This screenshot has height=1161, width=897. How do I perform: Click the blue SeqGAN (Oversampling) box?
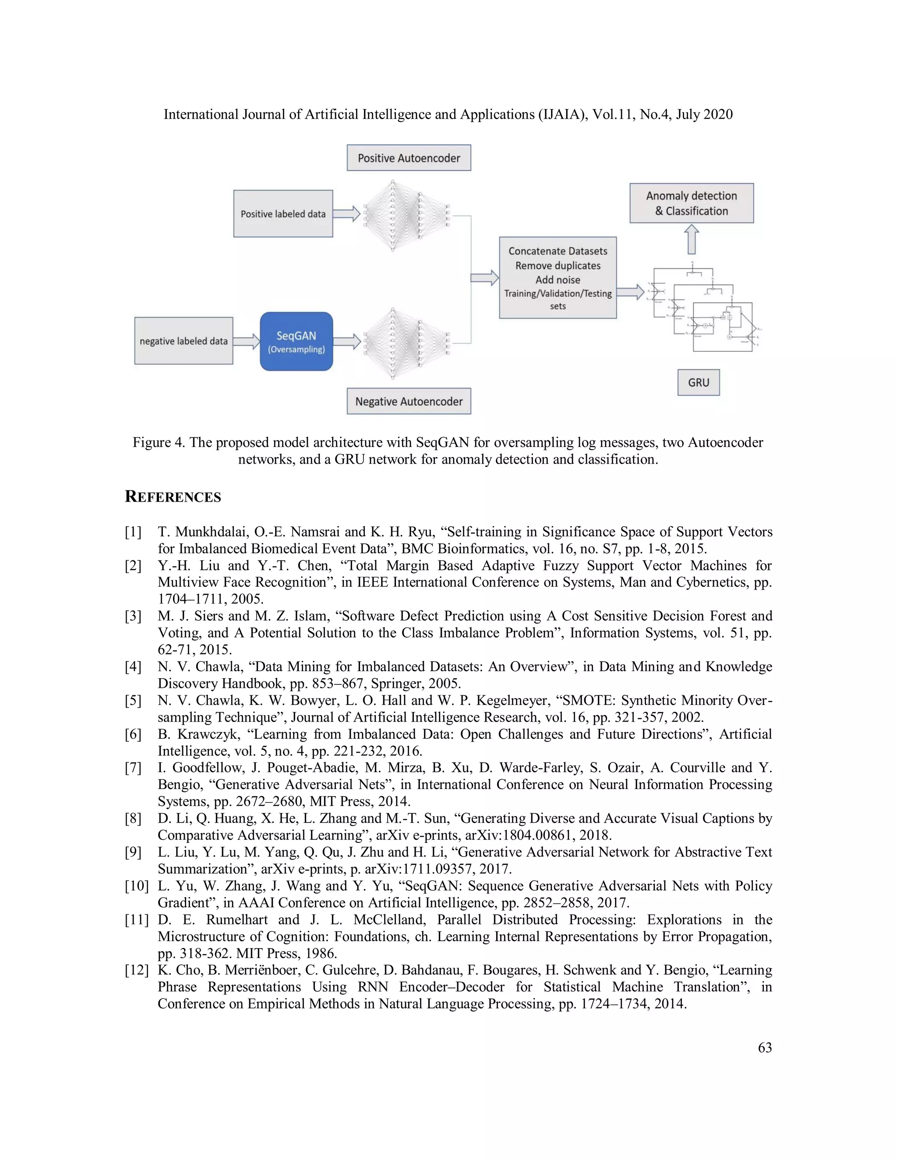click(x=296, y=341)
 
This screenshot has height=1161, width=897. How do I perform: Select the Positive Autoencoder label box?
click(x=409, y=158)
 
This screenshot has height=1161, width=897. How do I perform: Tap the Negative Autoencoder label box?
click(x=409, y=401)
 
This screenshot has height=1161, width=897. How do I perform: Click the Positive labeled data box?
click(x=283, y=214)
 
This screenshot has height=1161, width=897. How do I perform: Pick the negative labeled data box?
click(x=184, y=341)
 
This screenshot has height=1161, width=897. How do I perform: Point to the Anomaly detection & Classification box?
click(x=691, y=203)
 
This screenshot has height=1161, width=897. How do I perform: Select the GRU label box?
click(x=698, y=382)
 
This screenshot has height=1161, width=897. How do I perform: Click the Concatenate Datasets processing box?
click(x=558, y=277)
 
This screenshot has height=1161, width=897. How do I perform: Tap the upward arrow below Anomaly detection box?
click(x=691, y=239)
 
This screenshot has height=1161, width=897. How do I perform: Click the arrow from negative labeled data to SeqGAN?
click(x=246, y=341)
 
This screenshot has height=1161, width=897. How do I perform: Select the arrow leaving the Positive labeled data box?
click(x=346, y=214)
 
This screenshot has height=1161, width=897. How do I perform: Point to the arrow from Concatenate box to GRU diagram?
click(x=630, y=291)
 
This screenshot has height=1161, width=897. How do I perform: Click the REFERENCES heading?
click(x=173, y=497)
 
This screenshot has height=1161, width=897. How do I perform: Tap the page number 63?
click(x=765, y=1047)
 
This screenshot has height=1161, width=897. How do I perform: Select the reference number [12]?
click(x=136, y=970)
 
